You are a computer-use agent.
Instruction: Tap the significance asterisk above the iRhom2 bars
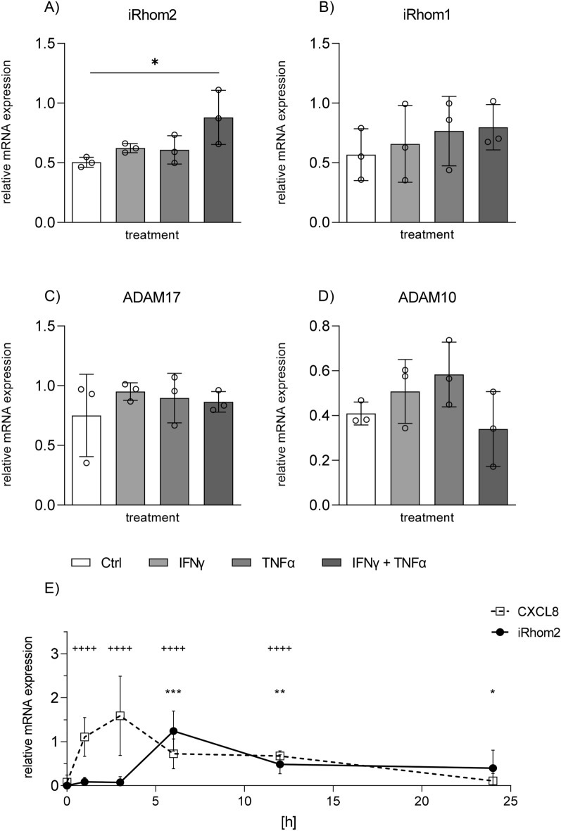click(x=155, y=63)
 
